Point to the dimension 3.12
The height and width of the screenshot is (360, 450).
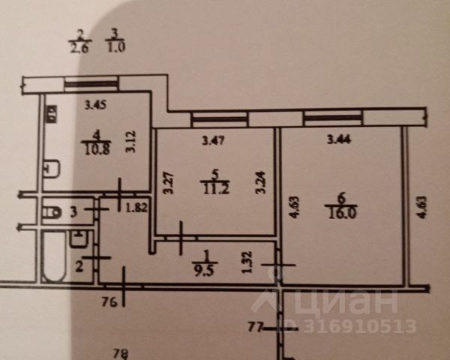[130, 142]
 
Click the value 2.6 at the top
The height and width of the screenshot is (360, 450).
[79, 48]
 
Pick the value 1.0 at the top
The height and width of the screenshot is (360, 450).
[115, 48]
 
